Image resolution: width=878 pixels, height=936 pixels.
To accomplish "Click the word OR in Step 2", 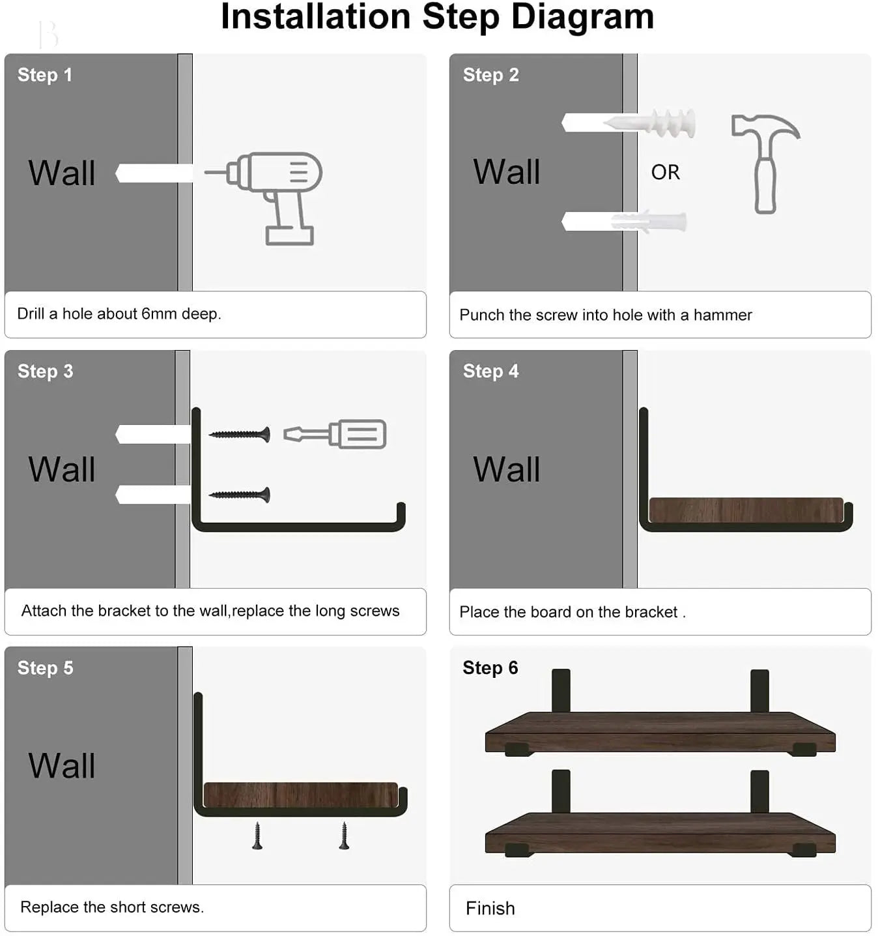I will point(665,172).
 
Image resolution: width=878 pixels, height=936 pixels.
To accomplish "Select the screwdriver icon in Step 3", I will point(335,434).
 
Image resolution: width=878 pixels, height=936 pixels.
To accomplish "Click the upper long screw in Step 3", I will point(239,435).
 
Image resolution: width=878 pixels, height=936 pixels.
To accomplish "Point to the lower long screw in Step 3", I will point(239,495).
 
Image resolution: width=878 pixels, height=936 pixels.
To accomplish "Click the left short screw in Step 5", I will point(257,836).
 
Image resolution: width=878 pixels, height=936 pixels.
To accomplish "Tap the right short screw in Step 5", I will point(344,836).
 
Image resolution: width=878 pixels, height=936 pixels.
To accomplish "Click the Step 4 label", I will point(490,372).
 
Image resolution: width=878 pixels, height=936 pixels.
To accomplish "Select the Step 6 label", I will point(490,668).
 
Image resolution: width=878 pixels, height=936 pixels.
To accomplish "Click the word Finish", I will point(490,908).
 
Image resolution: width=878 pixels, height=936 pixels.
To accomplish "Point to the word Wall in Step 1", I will point(62,173).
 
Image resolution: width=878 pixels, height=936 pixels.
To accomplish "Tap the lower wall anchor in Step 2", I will point(648,222).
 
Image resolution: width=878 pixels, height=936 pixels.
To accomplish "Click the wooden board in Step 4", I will point(746,510).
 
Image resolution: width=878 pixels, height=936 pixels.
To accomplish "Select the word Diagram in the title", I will point(582,17).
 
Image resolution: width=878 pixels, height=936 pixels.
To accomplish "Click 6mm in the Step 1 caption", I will point(159,314).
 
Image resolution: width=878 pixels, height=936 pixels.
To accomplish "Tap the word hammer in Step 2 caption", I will point(722,315).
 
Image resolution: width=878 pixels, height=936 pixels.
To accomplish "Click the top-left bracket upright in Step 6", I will point(561,690).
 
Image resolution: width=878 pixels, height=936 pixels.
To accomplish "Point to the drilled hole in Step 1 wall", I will point(153,173).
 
